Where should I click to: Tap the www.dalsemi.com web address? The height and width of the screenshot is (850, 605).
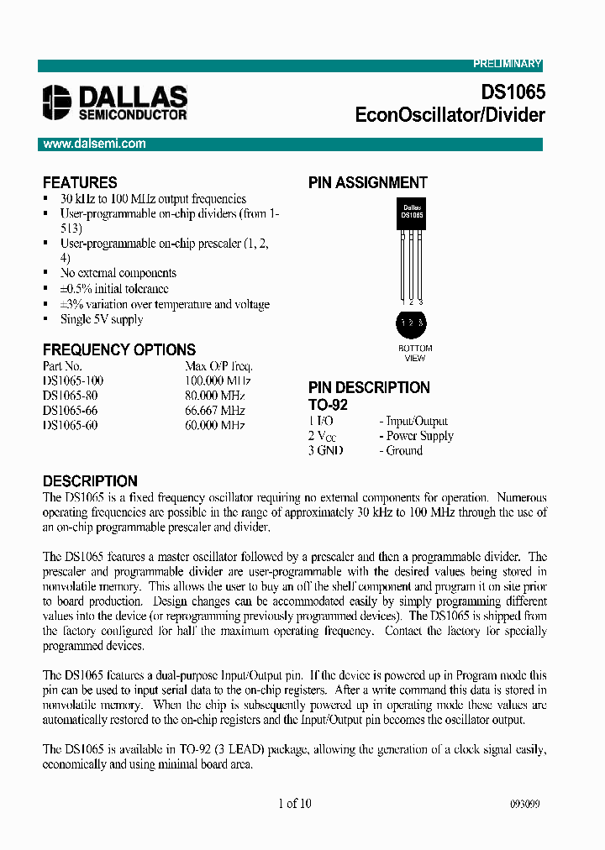95,144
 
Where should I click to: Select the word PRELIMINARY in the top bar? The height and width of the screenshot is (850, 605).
507,65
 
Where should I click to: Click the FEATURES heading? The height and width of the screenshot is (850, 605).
80,182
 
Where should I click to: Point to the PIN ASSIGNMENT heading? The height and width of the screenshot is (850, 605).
367,182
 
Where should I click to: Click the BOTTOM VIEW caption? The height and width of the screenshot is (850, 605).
415,353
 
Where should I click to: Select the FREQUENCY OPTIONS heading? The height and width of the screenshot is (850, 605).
118,349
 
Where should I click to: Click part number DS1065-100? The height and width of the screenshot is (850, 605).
73,380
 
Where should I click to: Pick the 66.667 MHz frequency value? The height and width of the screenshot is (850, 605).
215,411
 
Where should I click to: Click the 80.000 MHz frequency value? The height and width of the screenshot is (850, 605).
215,396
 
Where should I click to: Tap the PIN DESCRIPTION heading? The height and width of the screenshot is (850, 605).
369,387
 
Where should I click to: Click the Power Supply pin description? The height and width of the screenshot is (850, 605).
419,436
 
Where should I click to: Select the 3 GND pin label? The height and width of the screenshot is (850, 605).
326,450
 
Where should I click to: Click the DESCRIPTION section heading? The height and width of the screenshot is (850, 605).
90,481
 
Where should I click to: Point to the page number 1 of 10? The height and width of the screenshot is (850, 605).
294,803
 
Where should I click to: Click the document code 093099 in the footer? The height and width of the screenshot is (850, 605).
524,804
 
